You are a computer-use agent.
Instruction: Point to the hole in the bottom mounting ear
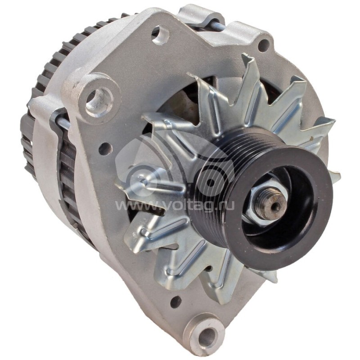(207, 334)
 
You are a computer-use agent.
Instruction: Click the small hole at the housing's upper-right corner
(264, 45)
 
